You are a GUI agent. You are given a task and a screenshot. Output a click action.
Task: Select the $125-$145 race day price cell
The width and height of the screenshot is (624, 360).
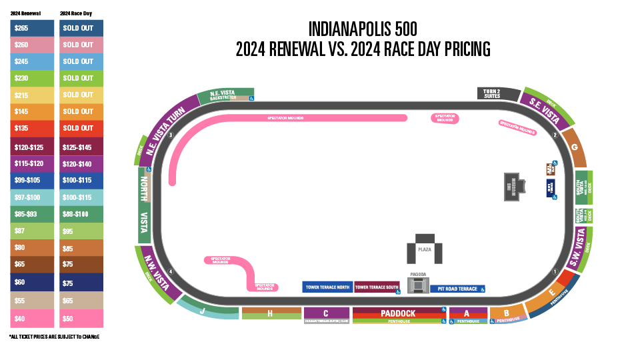81,147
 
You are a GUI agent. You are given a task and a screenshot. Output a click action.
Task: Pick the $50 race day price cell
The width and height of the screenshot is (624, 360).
81,319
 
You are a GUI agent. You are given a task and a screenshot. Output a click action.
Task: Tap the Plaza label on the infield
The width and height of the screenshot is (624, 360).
425,249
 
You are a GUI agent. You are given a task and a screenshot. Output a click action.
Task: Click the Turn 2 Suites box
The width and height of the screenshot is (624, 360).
492,94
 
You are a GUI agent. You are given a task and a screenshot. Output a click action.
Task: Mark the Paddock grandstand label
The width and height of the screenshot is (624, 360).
398,313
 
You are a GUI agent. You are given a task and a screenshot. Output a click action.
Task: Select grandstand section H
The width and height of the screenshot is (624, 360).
270,313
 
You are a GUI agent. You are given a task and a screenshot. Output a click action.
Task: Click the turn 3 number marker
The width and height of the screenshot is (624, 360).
171,135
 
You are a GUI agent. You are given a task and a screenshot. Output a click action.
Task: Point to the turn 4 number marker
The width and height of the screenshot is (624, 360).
171,271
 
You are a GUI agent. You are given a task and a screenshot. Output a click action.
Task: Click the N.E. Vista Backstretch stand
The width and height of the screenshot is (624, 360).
224,95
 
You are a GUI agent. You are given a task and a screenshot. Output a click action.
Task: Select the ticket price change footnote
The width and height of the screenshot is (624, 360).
55,337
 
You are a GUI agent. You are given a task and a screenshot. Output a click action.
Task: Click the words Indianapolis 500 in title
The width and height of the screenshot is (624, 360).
363,29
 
